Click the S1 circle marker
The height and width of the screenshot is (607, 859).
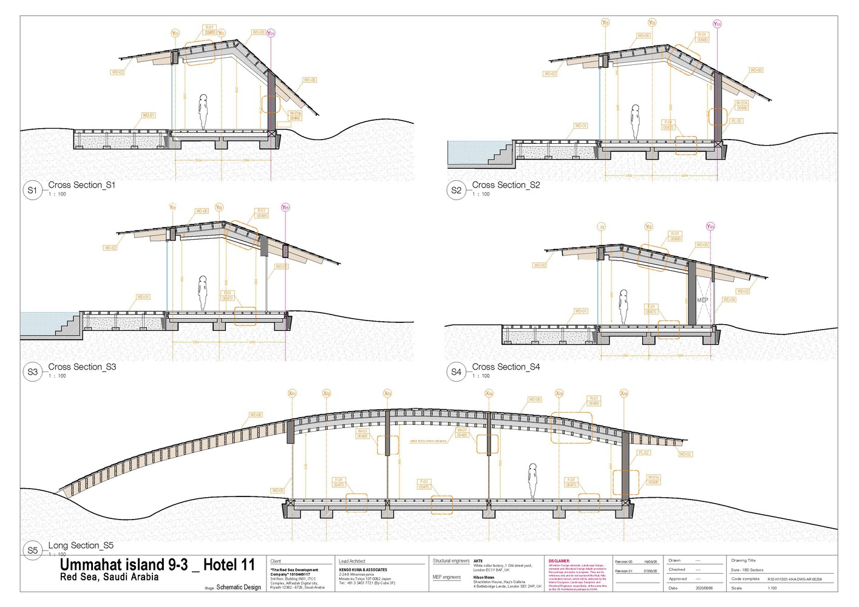coord(32,190)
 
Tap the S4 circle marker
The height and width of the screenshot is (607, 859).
coord(456,372)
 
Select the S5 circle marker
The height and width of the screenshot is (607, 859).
coord(32,551)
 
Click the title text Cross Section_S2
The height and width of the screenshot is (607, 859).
coord(506,185)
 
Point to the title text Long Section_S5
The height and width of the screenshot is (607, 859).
coord(81,545)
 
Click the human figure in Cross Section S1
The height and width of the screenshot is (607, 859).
coord(203,110)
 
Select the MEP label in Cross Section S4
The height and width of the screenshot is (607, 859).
coord(702,300)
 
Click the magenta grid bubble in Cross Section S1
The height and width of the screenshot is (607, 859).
coord(271,33)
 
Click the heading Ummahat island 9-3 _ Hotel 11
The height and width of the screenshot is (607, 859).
coord(157,565)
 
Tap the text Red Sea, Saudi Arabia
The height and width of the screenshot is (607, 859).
coord(109,577)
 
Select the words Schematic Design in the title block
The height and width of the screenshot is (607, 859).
coord(239,587)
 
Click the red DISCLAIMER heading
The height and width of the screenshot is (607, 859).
coord(559,561)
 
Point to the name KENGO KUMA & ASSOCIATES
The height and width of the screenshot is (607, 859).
coord(363,570)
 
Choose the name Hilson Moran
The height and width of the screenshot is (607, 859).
coord(484,577)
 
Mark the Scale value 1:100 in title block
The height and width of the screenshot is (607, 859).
coord(772,588)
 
